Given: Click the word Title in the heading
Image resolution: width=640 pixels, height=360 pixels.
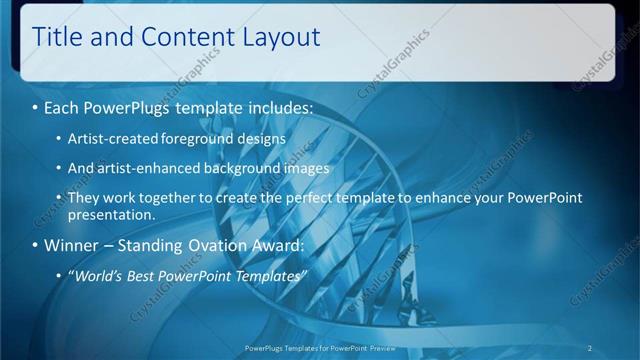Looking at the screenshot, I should (56, 38).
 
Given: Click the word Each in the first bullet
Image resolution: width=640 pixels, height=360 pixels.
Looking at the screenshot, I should (63, 106).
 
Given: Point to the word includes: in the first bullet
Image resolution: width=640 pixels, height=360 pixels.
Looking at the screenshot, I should (274, 106).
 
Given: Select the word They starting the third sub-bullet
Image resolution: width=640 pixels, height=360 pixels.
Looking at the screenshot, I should (83, 198).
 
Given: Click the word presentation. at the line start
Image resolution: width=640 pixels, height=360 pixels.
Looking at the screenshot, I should (111, 214).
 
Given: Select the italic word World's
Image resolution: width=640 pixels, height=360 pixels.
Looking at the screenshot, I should (98, 275).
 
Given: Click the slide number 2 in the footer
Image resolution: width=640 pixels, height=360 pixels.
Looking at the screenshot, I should (590, 347).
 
